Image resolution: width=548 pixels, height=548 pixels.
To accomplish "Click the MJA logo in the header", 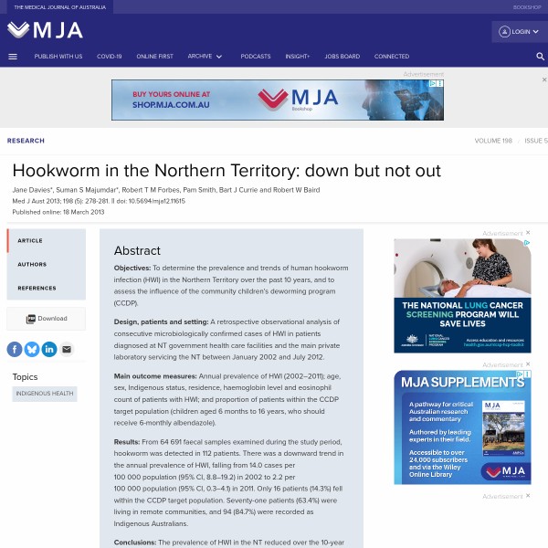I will pyautogui.click(x=45, y=30).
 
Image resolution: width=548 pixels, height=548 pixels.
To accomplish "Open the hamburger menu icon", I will pyautogui.click(x=13, y=56).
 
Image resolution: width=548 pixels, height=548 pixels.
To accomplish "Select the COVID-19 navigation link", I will pyautogui.click(x=109, y=56).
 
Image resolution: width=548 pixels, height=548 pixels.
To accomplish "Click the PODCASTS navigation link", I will pyautogui.click(x=256, y=56).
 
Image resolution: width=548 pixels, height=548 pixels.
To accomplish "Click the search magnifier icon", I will pyautogui.click(x=540, y=56).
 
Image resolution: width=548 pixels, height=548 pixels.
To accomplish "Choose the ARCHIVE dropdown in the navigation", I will pyautogui.click(x=205, y=56).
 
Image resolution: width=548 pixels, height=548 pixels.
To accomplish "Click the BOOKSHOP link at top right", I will pyautogui.click(x=527, y=6).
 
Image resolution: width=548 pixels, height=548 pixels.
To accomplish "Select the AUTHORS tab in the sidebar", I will pyautogui.click(x=32, y=264).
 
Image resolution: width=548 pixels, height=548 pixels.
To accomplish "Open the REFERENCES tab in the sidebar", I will pyautogui.click(x=37, y=288).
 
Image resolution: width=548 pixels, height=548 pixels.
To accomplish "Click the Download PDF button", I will pyautogui.click(x=47, y=319).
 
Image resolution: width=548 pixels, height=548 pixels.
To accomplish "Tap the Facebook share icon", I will pyautogui.click(x=15, y=349).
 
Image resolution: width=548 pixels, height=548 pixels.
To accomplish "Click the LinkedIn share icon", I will pyautogui.click(x=48, y=349).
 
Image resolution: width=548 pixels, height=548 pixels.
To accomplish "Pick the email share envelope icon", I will pyautogui.click(x=66, y=349).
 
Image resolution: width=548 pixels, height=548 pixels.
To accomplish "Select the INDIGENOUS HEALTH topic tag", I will pyautogui.click(x=45, y=394).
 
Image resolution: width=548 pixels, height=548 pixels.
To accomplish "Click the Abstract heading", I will pyautogui.click(x=137, y=250).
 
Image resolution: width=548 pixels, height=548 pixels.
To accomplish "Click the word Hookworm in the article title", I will pyautogui.click(x=55, y=171).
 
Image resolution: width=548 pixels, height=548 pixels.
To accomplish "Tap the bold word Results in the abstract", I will pyautogui.click(x=127, y=441).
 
